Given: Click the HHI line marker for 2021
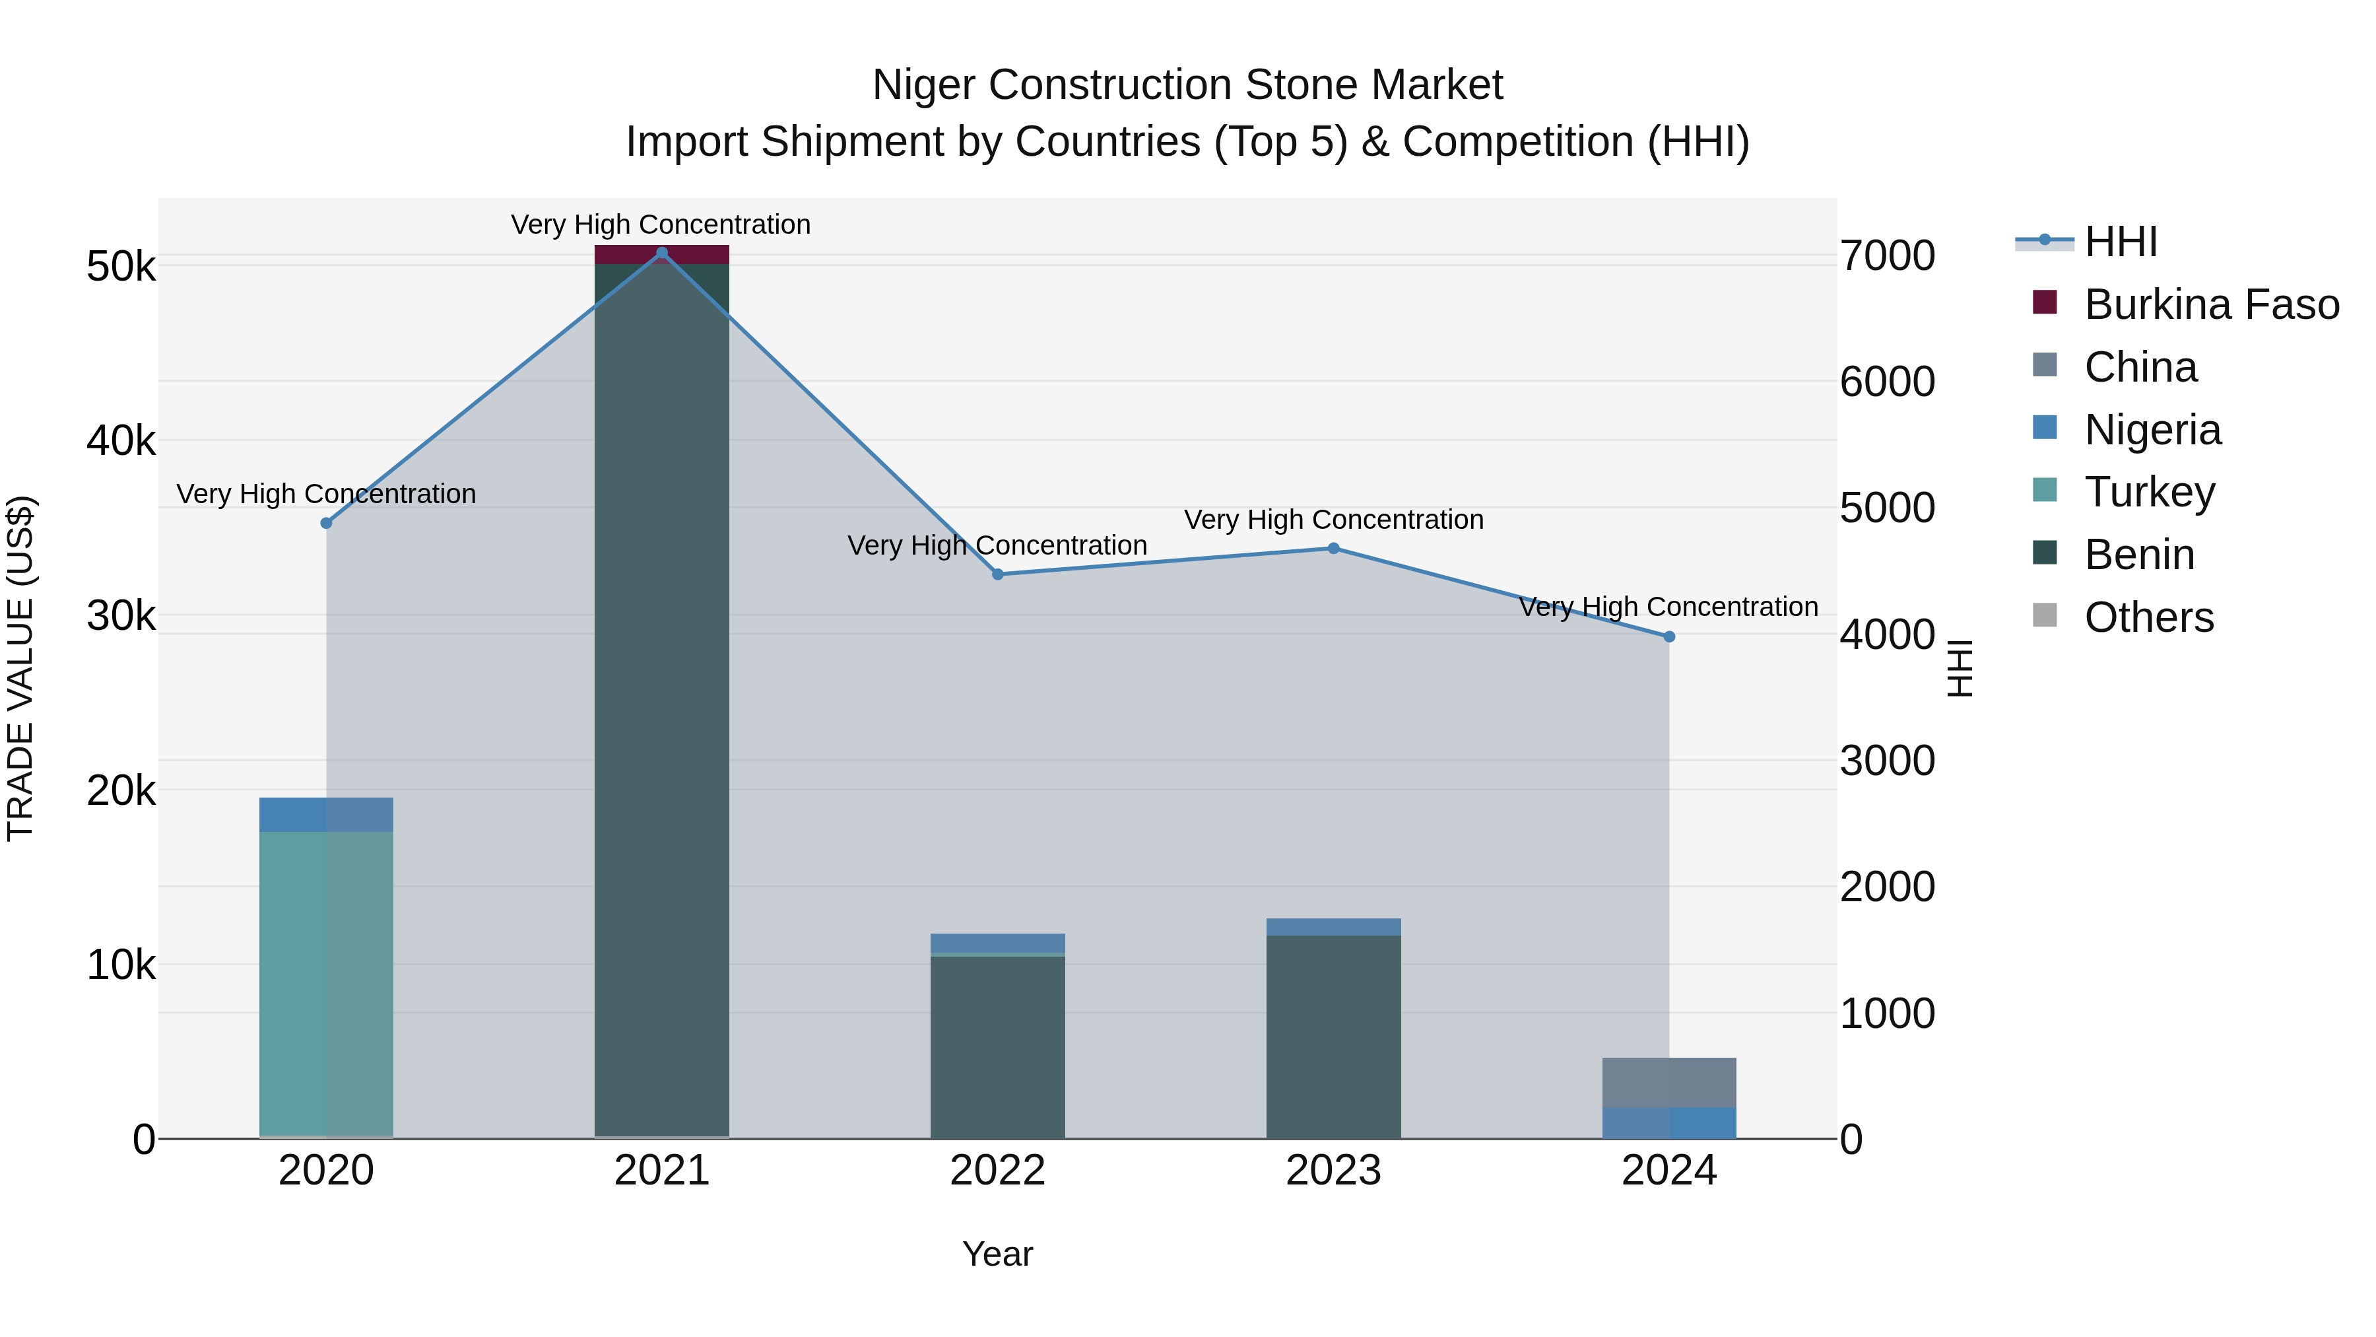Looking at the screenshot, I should tap(661, 253).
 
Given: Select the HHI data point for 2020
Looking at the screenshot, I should tap(325, 523).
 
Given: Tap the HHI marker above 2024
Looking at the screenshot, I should tap(1668, 636).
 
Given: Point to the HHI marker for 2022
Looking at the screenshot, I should tap(997, 575).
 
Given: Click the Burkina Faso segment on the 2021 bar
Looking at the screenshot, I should tap(661, 255).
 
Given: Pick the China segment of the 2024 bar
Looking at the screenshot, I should tap(1668, 1082).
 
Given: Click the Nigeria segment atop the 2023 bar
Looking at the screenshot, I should tap(1333, 926).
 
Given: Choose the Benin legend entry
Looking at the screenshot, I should tap(2139, 555).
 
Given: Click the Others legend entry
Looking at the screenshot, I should tap(2148, 617).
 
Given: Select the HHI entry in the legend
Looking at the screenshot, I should tap(2119, 242).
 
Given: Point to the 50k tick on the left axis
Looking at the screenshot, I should tap(121, 267).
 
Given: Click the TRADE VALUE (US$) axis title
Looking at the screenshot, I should tap(20, 668).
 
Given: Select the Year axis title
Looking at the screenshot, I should tap(997, 1254).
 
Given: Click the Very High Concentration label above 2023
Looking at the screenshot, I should tap(1333, 520).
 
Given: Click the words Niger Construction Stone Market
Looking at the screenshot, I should tap(1187, 85).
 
